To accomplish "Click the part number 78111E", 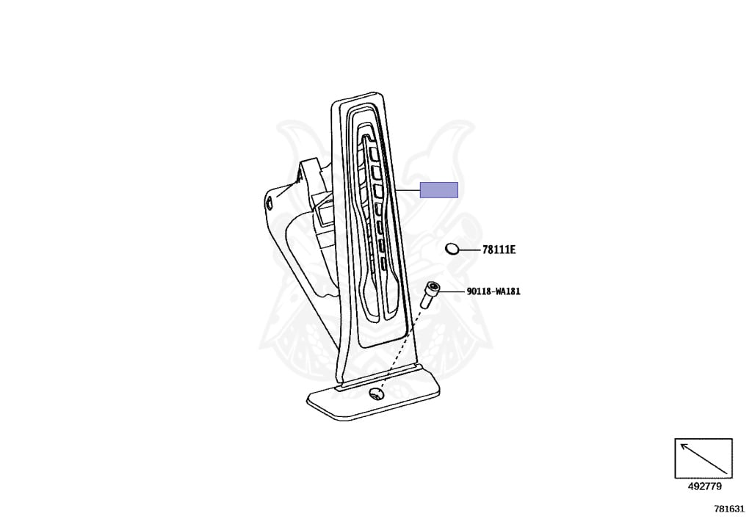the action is (x=499, y=250).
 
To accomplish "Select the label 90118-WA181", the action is (x=493, y=291).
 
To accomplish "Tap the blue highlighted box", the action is (x=439, y=190).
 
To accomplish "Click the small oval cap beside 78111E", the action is (x=452, y=249).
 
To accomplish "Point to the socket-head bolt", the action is (x=429, y=295).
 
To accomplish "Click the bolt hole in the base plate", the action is (x=376, y=394).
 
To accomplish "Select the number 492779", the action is (x=704, y=487).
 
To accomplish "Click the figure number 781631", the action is (x=729, y=509).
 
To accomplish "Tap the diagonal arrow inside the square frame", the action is (x=704, y=459).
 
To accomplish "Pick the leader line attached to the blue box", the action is (x=407, y=190).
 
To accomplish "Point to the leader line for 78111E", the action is (x=469, y=250).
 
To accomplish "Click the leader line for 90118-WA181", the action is (x=452, y=291).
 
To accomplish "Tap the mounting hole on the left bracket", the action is (x=270, y=203).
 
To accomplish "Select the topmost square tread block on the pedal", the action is (x=374, y=153).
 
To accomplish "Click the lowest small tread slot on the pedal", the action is (x=383, y=263).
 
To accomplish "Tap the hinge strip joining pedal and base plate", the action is (x=379, y=377).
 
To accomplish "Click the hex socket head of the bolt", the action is (x=433, y=287).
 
